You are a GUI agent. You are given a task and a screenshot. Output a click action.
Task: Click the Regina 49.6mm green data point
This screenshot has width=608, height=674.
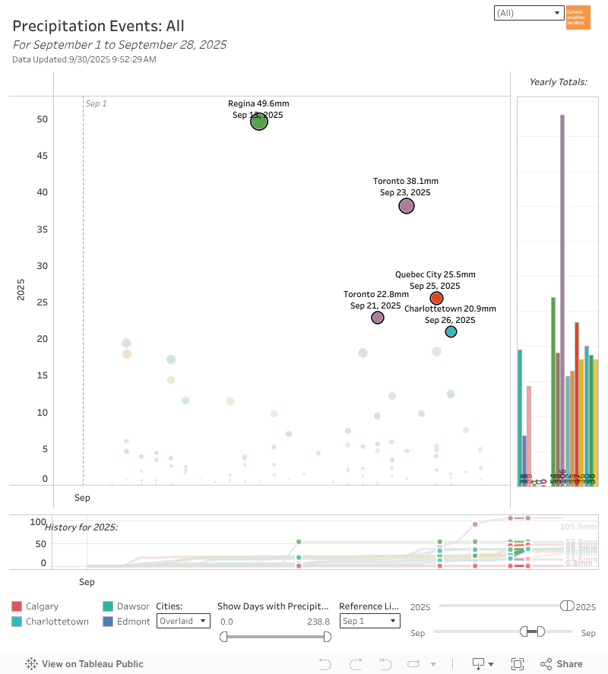click(x=259, y=122)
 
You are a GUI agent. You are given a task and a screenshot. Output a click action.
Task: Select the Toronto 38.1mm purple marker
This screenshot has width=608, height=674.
click(x=407, y=206)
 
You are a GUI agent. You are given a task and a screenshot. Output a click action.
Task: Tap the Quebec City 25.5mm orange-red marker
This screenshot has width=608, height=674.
click(x=436, y=298)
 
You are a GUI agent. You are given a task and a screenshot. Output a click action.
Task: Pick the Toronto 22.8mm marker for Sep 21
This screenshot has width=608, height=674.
click(x=378, y=318)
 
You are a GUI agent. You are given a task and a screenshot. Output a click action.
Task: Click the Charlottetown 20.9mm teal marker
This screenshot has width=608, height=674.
click(x=451, y=331)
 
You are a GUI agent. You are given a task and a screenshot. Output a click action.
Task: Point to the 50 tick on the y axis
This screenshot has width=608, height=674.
click(x=43, y=119)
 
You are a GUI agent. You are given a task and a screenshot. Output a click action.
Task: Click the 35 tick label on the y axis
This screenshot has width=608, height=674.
click(x=43, y=229)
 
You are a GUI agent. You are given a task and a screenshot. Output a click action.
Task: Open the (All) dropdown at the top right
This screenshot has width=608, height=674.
click(x=527, y=13)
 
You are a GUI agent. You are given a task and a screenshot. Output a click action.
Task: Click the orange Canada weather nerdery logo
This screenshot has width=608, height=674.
click(x=578, y=17)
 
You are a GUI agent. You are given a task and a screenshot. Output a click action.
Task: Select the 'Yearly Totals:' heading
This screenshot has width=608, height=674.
click(x=558, y=81)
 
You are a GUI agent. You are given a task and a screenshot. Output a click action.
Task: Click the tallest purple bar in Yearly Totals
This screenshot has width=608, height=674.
click(x=562, y=296)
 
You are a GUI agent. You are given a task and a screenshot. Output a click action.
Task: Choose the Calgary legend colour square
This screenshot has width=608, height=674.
click(x=17, y=606)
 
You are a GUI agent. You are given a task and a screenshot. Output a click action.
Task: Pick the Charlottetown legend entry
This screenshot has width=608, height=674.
click(x=57, y=622)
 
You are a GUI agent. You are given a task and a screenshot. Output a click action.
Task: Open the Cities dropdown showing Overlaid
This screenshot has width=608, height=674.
click(x=183, y=621)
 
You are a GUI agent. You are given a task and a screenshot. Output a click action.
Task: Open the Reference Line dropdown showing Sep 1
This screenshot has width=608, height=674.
click(x=369, y=621)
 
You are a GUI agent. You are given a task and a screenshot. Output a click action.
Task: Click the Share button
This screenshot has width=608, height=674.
click(x=562, y=663)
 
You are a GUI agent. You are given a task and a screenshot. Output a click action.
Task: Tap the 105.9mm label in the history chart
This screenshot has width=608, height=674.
click(x=578, y=527)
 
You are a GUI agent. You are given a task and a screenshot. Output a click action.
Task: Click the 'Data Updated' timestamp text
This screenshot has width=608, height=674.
click(x=84, y=59)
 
